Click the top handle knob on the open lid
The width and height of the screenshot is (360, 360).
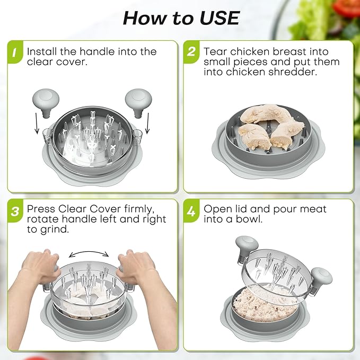(247, 245)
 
